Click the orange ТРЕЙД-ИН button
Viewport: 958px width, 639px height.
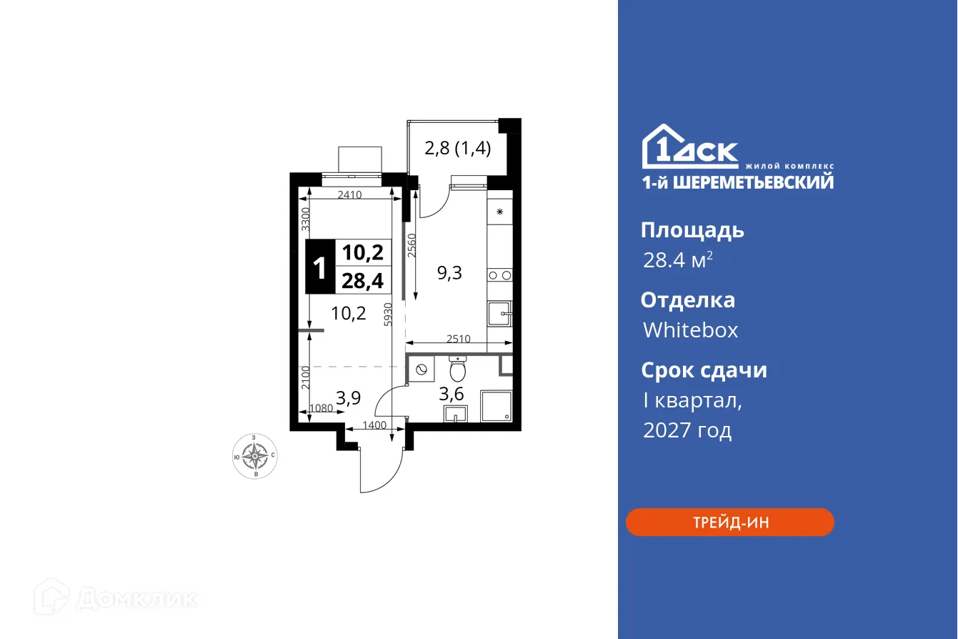tap(729, 522)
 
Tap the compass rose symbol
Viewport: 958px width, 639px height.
tap(255, 455)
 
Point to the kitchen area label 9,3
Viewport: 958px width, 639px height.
tap(450, 272)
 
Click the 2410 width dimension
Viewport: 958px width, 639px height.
tap(350, 193)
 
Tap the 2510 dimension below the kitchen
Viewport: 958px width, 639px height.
tap(458, 339)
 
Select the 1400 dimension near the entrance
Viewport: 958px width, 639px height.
tap(374, 425)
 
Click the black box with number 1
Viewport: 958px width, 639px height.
tap(320, 267)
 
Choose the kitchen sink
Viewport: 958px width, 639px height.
tap(499, 313)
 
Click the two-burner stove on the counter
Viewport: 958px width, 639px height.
tap(499, 274)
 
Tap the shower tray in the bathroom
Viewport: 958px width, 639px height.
tap(496, 405)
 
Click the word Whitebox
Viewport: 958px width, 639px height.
tap(690, 330)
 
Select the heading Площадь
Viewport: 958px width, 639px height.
tap(692, 230)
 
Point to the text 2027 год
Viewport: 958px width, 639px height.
tap(687, 430)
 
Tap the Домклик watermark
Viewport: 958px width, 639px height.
tap(116, 598)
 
